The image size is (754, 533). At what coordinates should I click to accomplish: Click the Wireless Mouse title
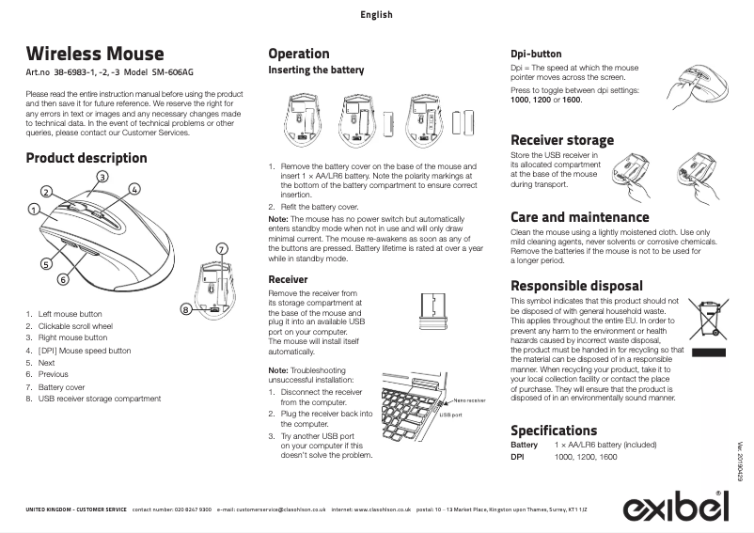(x=95, y=54)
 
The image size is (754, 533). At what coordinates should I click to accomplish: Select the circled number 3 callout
(x=102, y=177)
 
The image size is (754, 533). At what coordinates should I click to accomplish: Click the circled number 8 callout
(x=186, y=309)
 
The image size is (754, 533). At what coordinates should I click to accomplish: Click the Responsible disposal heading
(x=576, y=286)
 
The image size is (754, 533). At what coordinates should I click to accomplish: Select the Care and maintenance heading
(x=579, y=217)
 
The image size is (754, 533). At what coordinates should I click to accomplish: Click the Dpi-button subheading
(x=536, y=55)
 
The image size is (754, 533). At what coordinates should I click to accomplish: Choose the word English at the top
(x=376, y=15)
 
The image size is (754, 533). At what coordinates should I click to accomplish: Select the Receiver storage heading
(x=562, y=140)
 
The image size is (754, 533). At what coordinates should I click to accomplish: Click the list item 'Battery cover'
(x=61, y=386)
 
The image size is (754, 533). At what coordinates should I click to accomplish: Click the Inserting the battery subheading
(x=316, y=71)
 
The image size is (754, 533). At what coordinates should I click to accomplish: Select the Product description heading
(x=86, y=158)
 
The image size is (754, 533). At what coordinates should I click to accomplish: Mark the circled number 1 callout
(x=33, y=209)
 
